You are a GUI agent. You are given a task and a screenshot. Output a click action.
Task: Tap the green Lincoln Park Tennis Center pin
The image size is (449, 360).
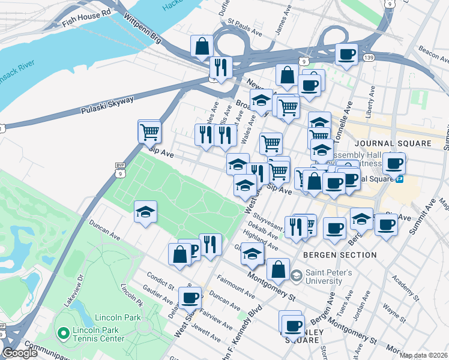tap(62, 332)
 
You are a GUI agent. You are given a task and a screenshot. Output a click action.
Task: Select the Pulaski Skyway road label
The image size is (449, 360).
tap(107, 106)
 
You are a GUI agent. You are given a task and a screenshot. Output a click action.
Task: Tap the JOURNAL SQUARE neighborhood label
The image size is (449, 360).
tap(393, 143)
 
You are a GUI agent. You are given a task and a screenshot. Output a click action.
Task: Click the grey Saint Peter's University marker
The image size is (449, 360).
tap(297, 275)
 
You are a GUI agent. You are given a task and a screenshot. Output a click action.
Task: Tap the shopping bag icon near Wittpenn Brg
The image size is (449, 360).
tap(202, 46)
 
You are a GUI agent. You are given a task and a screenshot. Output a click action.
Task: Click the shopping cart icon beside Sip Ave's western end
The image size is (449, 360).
tap(149, 131)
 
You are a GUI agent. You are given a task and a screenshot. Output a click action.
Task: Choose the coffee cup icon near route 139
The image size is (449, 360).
tap(346, 55)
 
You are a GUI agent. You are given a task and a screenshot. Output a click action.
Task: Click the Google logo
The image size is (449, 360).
tap(20, 353)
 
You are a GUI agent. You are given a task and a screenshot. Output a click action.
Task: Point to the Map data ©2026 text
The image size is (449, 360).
tap(424, 355)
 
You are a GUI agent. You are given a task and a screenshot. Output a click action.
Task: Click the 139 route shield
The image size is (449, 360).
tap(369, 58)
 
